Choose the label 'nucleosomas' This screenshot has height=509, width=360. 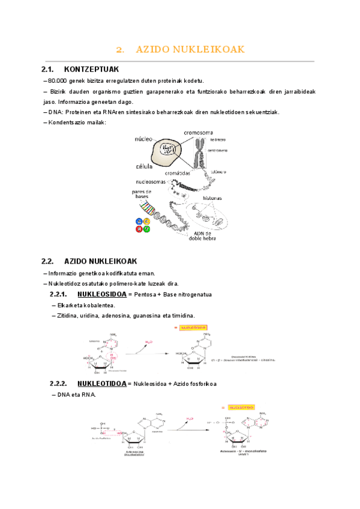151,181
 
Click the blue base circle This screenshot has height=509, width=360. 140,221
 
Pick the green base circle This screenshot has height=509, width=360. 148,229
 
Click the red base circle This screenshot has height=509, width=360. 140,229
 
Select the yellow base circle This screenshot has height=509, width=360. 148,221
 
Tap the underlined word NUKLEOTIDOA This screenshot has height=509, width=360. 102,384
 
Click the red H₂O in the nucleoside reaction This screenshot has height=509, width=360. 149,342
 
